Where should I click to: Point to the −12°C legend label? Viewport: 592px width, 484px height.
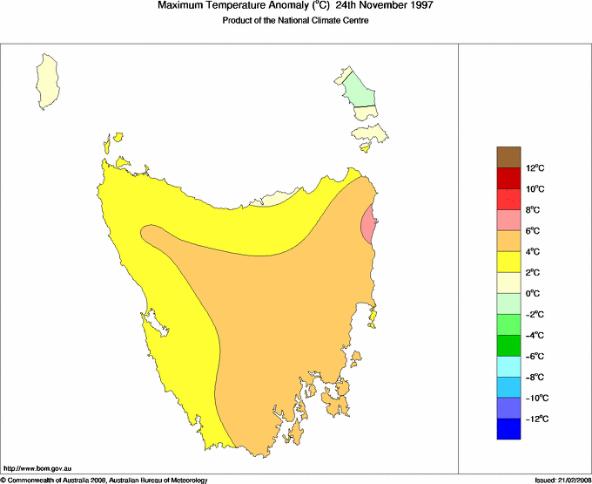[x=535, y=419]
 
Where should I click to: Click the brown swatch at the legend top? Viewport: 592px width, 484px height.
[x=509, y=157]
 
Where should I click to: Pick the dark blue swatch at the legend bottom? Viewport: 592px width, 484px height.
[x=509, y=429]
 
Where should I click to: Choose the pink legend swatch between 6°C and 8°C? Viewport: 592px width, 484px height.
[x=509, y=220]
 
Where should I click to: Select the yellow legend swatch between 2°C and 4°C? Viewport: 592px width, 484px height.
[x=509, y=262]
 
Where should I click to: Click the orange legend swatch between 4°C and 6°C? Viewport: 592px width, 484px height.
[x=509, y=241]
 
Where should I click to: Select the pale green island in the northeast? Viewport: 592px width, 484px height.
[x=357, y=88]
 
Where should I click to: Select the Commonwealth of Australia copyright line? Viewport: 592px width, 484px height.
[x=104, y=480]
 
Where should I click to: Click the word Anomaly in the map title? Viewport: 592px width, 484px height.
[x=272, y=6]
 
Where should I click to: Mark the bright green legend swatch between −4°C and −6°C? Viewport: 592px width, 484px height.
[x=509, y=345]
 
